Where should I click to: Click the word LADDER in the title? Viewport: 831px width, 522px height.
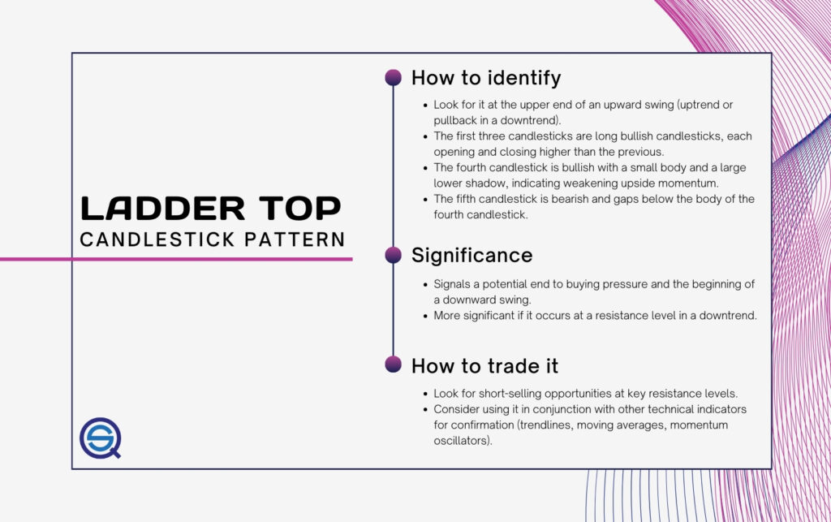tap(162, 209)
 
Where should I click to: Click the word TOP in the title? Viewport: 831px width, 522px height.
tap(300, 209)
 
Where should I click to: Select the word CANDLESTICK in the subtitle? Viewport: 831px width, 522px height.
tap(157, 239)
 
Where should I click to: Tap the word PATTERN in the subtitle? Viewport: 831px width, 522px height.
tap(295, 239)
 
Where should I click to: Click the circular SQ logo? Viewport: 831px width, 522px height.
tap(100, 438)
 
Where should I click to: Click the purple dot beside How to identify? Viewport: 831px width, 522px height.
tap(394, 77)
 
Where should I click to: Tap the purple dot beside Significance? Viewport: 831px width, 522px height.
tap(394, 255)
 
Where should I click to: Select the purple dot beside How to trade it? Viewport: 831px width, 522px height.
tap(394, 365)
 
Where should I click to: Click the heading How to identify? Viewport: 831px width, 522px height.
tap(486, 79)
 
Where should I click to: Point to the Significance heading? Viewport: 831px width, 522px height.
tap(471, 256)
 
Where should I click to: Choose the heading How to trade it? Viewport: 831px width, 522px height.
tap(485, 366)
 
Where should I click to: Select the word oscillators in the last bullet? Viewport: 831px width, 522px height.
tap(463, 441)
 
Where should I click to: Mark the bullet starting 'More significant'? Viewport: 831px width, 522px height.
tap(595, 316)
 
